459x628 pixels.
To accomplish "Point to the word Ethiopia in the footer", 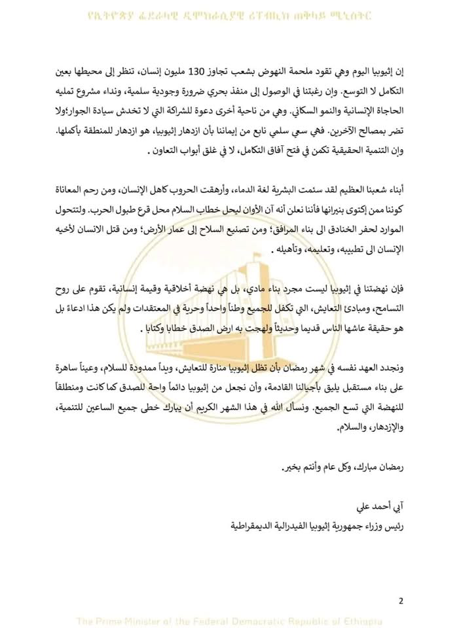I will tap(363, 621).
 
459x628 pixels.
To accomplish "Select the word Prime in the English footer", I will tap(110, 621).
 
